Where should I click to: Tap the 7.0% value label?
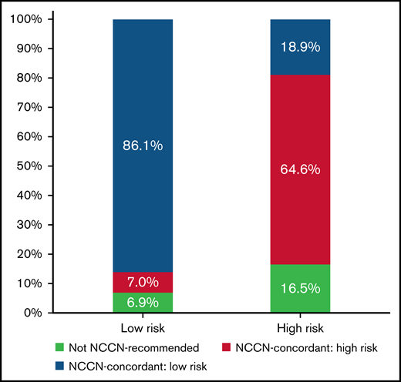click(x=143, y=283)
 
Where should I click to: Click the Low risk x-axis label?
click(x=143, y=327)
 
